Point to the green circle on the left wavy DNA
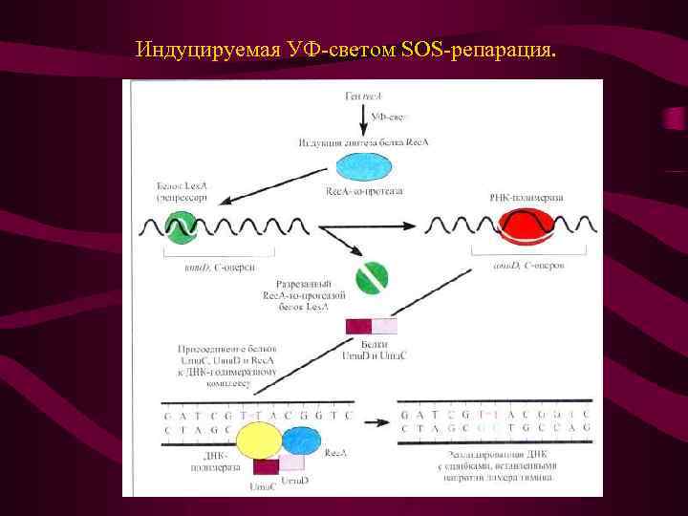pyautogui.click(x=181, y=227)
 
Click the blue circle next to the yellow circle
pyautogui.click(x=301, y=441)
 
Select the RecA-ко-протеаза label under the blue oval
pyautogui.click(x=364, y=191)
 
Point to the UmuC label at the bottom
pyautogui.click(x=264, y=485)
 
